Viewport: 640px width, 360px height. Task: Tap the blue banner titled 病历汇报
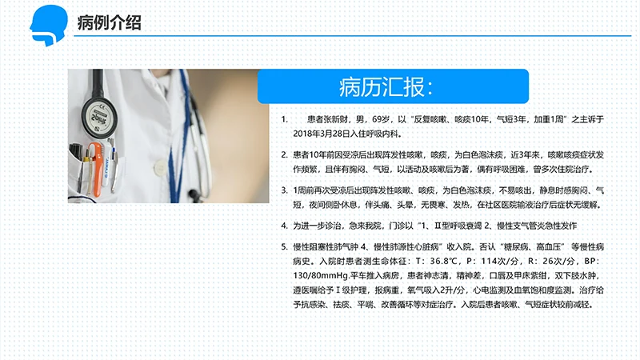point(393,86)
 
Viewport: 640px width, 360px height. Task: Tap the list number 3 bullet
point(284,190)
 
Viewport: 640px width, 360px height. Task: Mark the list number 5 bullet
point(284,246)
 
